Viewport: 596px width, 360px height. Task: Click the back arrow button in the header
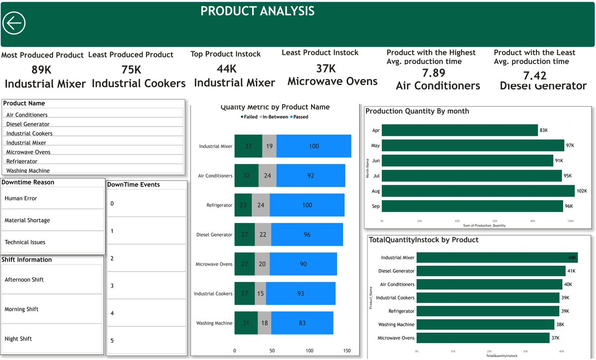coord(14,23)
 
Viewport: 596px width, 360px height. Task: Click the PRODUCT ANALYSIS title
coord(257,11)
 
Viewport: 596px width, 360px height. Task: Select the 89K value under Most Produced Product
coord(42,70)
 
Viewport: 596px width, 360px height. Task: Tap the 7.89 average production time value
coord(434,73)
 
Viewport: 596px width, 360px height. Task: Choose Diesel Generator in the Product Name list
coord(28,124)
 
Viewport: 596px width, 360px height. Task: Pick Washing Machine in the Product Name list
coord(28,170)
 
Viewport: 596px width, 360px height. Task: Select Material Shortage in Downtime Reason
coord(27,220)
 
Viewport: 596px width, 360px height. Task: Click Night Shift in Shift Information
coord(18,339)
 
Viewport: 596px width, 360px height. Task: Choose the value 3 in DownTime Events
coord(112,286)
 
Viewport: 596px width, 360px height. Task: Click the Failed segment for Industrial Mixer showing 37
coord(248,146)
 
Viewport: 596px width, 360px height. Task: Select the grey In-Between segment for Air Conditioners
coord(267,175)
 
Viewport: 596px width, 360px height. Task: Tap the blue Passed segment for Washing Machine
coord(302,323)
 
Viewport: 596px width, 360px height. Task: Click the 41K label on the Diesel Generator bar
coord(572,271)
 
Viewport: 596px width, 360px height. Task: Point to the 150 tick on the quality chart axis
coord(347,351)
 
